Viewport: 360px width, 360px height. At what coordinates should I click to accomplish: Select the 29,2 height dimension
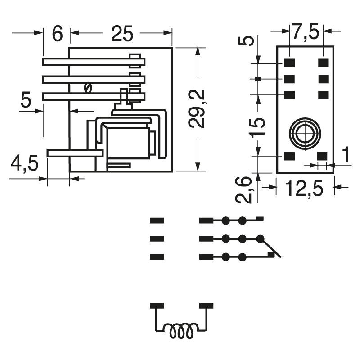[197, 108]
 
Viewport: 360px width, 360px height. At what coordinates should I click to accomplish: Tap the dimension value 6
[57, 34]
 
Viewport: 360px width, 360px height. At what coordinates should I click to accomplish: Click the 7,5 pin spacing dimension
[306, 32]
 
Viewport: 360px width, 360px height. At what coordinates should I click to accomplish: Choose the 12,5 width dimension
[305, 189]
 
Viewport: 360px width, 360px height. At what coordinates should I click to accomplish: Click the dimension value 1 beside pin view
[345, 155]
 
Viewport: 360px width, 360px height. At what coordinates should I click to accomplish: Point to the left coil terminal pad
[157, 306]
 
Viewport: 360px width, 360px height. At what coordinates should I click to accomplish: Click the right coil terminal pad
[206, 306]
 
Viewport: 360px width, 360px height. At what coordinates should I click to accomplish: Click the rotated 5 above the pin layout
[249, 41]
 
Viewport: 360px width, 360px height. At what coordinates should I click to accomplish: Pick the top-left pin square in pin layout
[289, 63]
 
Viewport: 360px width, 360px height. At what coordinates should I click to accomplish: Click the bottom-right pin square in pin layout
[322, 156]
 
